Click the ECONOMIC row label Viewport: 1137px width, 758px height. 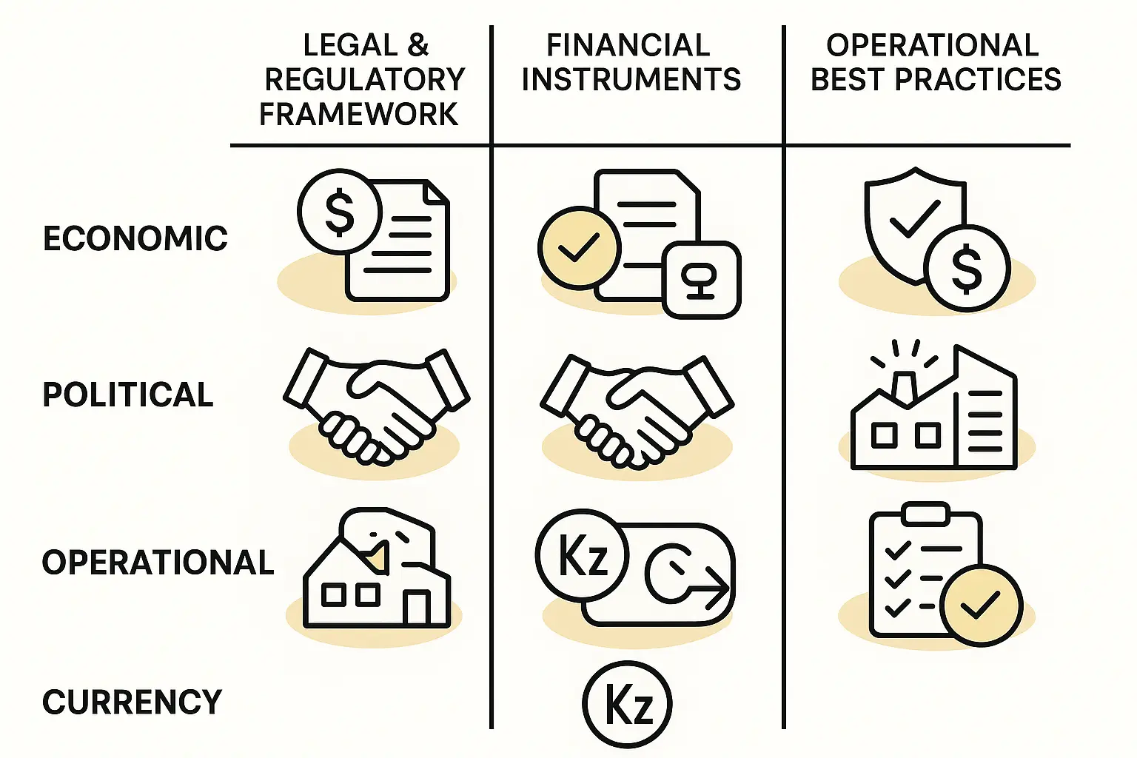135,238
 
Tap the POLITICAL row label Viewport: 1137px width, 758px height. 128,395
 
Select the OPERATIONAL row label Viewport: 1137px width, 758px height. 158,563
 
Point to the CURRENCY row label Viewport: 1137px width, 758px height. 132,702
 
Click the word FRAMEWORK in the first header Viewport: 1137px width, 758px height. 359,114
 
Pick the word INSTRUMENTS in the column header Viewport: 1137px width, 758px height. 631,79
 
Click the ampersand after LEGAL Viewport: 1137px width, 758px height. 417,45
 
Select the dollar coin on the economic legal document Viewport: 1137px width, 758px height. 339,212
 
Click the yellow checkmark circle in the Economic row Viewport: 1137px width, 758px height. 579,248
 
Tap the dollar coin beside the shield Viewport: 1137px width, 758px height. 967,267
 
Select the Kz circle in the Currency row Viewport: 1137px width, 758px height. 627,703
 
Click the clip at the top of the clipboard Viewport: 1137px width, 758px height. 926,513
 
